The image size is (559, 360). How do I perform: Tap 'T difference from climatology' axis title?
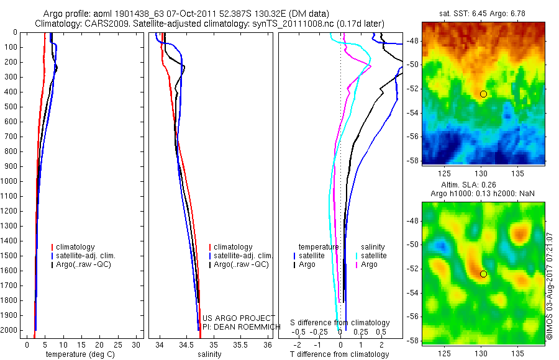[339, 354]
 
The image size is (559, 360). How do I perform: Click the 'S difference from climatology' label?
[340, 323]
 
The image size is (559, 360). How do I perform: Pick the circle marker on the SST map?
[483, 94]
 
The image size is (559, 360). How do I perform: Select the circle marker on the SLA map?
[483, 274]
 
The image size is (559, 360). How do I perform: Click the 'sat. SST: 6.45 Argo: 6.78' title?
[483, 14]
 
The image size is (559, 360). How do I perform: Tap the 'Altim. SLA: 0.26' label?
[483, 185]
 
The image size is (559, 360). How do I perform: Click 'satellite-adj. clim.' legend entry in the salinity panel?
[243, 256]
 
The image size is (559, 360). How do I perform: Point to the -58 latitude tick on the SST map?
[413, 160]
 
